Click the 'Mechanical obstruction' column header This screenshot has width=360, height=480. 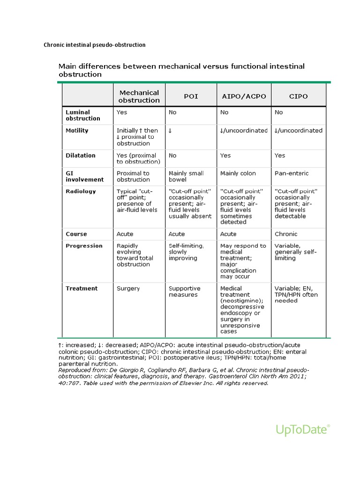click(x=139, y=96)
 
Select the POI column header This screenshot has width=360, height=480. click(x=191, y=96)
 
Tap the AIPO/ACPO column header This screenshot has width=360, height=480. click(x=243, y=96)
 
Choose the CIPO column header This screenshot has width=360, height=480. click(x=299, y=96)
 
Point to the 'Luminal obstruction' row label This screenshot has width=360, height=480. click(x=83, y=115)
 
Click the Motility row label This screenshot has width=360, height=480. click(x=77, y=130)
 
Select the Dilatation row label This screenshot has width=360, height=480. click(x=81, y=155)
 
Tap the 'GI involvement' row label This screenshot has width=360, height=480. click(x=85, y=176)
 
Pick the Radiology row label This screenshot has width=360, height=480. click(x=81, y=191)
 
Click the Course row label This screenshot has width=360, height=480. click(x=76, y=234)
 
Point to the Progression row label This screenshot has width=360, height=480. click(x=84, y=246)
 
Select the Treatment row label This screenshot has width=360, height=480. click(x=82, y=288)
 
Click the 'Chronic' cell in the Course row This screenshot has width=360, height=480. click(x=286, y=234)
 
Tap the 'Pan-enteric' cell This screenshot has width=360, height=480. click(x=292, y=173)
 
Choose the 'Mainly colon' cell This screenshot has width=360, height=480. click(x=238, y=173)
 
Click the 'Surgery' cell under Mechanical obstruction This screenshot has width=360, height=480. click(x=128, y=288)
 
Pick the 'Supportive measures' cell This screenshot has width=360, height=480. click(x=184, y=292)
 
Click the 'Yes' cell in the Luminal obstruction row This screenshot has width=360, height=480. click(x=122, y=112)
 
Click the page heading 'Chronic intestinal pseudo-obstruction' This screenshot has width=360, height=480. click(x=95, y=45)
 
